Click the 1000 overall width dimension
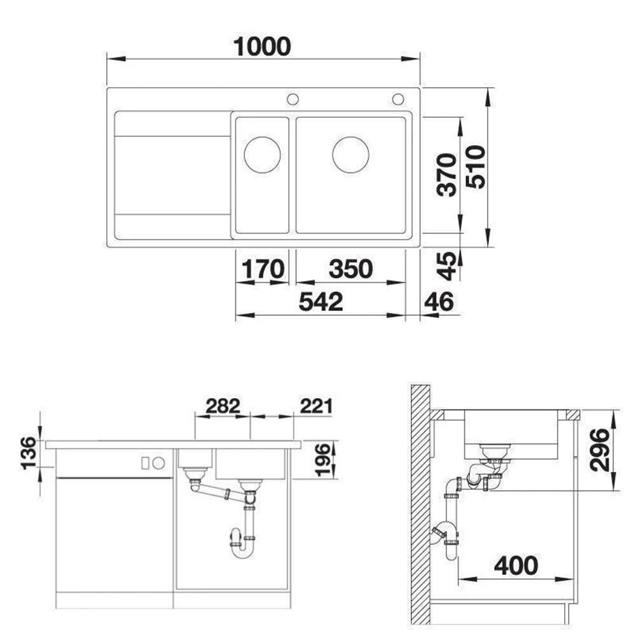(262, 46)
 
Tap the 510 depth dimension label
(475, 167)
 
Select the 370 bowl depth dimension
(446, 175)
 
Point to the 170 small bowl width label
(263, 268)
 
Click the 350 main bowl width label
(351, 268)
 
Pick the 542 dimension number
(321, 301)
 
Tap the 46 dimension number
(439, 301)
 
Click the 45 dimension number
(448, 266)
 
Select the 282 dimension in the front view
(223, 406)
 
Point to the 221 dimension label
(316, 406)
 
